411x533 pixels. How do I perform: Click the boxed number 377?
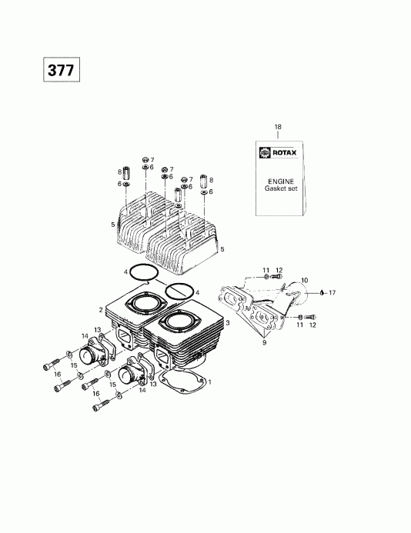[x=61, y=70]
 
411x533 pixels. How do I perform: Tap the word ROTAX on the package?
[x=286, y=152]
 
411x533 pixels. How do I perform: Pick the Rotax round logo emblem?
[x=266, y=152]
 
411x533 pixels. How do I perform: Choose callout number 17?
[x=332, y=293]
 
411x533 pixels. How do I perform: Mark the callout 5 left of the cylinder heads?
[x=112, y=223]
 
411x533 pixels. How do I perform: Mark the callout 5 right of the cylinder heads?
[x=223, y=249]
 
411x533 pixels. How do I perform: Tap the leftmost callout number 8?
[x=119, y=171]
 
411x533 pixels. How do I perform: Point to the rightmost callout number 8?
[x=211, y=178]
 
